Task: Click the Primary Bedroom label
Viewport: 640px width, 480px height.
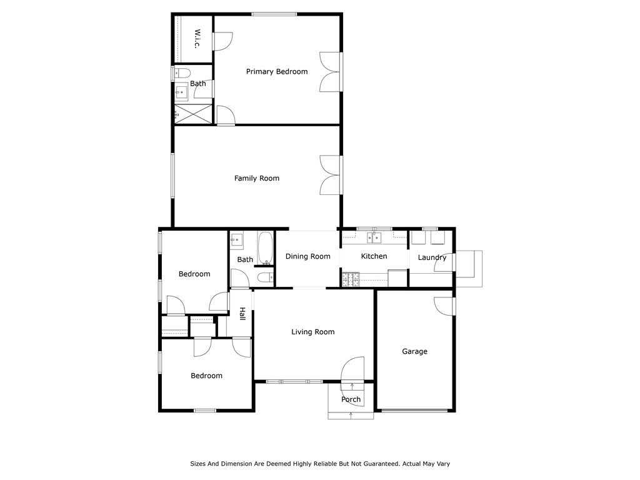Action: point(277,72)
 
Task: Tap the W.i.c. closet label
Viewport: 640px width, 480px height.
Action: point(197,39)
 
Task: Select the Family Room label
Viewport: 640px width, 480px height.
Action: point(257,178)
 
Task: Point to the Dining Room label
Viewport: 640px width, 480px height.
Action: point(307,256)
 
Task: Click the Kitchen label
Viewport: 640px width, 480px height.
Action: point(374,256)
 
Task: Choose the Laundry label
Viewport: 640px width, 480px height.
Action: point(432,257)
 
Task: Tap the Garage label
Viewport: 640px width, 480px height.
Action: point(415,351)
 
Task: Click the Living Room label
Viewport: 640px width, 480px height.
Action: point(312,332)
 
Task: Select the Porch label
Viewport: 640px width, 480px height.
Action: point(351,399)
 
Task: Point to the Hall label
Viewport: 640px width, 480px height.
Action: point(242,314)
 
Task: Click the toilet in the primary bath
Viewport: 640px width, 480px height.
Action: point(182,74)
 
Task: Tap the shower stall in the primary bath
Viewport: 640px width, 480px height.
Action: point(194,114)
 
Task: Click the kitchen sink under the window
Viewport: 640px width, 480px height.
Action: point(374,237)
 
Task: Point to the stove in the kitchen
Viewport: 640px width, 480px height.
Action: point(351,279)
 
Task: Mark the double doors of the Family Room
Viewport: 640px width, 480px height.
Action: point(330,175)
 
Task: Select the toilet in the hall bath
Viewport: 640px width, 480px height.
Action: point(265,278)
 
